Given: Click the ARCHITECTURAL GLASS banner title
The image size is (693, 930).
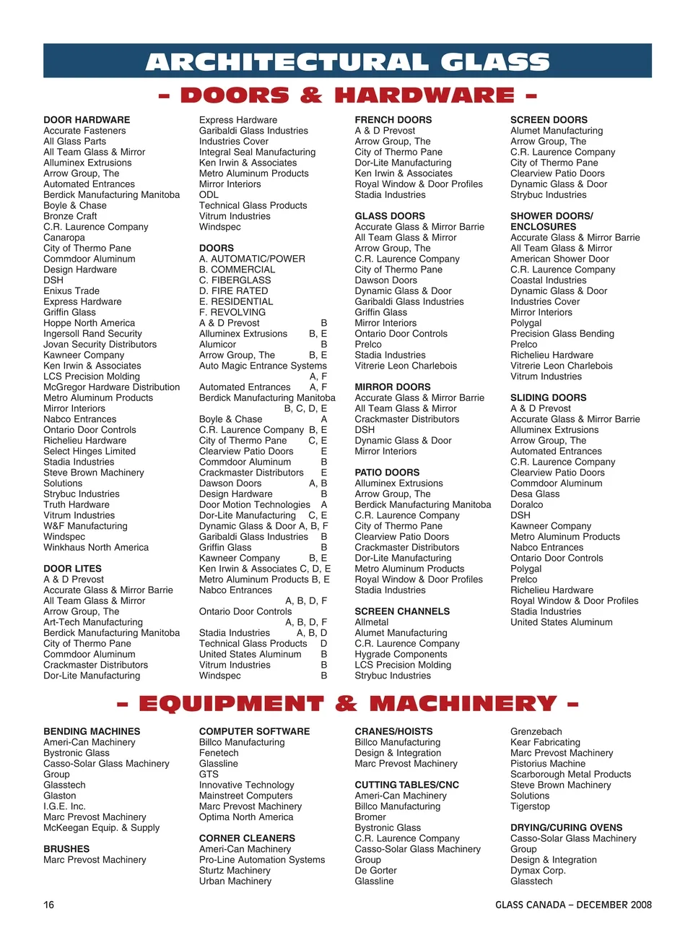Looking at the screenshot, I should pos(347,61).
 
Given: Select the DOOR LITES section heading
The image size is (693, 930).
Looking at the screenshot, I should pos(72,569).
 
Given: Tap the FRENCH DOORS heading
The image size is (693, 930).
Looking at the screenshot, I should pos(393,120).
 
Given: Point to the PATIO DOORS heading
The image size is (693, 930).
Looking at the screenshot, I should pos(387,473).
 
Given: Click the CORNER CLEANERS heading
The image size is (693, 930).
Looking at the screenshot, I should pos(247,838).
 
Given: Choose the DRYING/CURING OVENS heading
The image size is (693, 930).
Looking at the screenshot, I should pos(566,827).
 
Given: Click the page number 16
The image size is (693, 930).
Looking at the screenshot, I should pos(48,905).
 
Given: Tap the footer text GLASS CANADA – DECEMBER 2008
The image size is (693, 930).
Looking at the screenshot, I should pos(573,905).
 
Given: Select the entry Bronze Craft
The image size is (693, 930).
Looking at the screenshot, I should pos(70,216).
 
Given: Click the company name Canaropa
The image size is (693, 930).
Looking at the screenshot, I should pos(64,238).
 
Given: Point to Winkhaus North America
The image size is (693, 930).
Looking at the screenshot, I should pos(96,548).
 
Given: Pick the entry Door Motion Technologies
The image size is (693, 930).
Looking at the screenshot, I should pos(255,505).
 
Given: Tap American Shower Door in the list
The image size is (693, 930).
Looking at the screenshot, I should pos(559,259).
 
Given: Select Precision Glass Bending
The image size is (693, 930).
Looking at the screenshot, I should pos(562,334).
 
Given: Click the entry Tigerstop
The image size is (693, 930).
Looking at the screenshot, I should pos(530,806).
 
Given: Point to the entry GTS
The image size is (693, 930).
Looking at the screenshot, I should pos(209,774).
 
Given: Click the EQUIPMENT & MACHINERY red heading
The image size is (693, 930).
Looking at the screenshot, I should pos(347,704).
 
